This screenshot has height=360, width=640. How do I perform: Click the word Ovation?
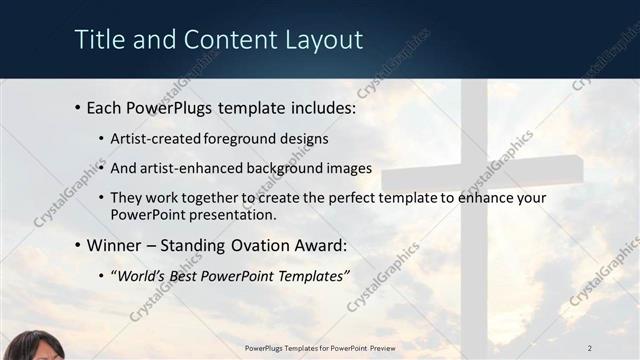pyautogui.click(x=269, y=244)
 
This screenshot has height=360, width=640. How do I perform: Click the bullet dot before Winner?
pyautogui.click(x=78, y=245)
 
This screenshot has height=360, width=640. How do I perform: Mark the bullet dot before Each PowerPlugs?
pyautogui.click(x=78, y=107)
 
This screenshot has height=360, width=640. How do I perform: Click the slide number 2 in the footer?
pyautogui.click(x=590, y=347)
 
